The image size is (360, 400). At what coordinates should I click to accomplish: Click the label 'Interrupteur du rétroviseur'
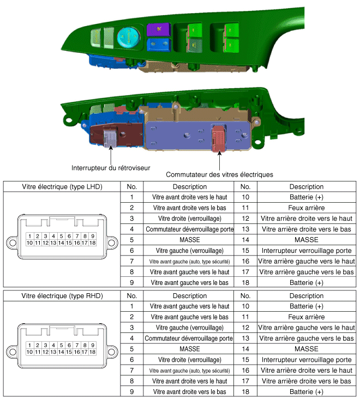pyautogui.click(x=111, y=168)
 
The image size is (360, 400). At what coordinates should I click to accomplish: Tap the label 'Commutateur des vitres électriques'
pyautogui.click(x=219, y=174)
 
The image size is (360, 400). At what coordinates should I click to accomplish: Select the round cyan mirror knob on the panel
pyautogui.click(x=128, y=37)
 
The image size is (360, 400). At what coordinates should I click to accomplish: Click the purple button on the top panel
pyautogui.click(x=158, y=29)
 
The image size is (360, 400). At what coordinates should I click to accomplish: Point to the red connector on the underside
pyautogui.click(x=219, y=138)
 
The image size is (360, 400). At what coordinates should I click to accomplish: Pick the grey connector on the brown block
pyautogui.click(x=110, y=138)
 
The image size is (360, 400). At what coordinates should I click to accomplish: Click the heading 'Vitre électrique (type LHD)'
pyautogui.click(x=62, y=187)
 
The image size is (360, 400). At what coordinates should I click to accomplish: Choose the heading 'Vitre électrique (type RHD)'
pyautogui.click(x=62, y=296)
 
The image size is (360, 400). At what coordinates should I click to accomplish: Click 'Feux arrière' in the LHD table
pyautogui.click(x=307, y=208)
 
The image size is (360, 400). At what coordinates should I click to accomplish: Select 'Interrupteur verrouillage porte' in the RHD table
pyautogui.click(x=307, y=360)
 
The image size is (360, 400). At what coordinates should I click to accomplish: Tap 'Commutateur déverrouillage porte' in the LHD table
pyautogui.click(x=189, y=229)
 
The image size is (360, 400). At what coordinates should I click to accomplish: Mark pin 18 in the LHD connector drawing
pyautogui.click(x=92, y=243)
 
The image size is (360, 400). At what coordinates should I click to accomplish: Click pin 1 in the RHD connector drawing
pyautogui.click(x=29, y=345)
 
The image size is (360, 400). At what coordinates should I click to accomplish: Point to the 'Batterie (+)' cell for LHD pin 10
pyautogui.click(x=307, y=197)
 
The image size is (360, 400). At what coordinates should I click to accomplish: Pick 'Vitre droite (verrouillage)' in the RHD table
pyautogui.click(x=189, y=360)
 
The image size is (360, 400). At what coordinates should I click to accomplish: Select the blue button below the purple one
pyautogui.click(x=158, y=44)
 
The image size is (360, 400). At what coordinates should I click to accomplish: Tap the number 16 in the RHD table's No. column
pyautogui.click(x=245, y=371)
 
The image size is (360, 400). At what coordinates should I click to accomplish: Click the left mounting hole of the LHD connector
pyautogui.click(x=13, y=243)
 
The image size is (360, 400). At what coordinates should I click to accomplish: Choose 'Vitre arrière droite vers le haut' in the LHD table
pyautogui.click(x=307, y=219)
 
